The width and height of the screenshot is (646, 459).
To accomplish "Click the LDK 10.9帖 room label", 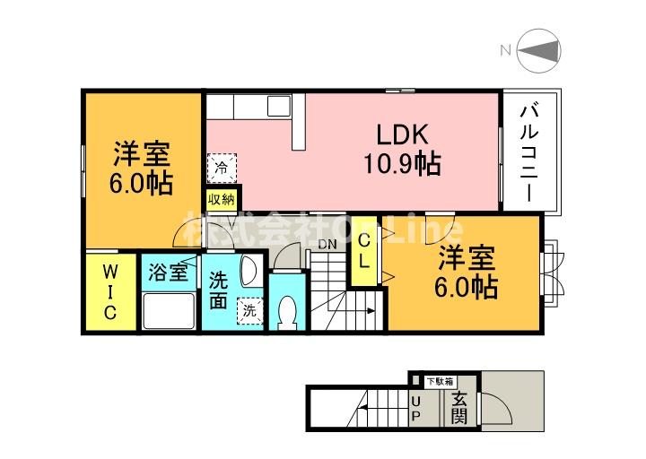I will coord(401,150).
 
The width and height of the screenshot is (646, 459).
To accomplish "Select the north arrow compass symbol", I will coord(537,50).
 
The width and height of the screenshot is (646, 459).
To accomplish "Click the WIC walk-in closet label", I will coord(108,291).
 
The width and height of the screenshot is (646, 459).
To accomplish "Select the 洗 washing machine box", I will coord(248,310).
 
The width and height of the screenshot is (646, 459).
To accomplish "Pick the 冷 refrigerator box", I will coord(221,166).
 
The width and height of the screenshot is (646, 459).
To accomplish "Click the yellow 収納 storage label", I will coord(222,199).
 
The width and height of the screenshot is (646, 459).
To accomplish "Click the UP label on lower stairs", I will coord(417,409).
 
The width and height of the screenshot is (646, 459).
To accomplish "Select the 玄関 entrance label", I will coord(458,409).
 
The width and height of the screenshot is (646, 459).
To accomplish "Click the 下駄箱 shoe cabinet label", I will coord(440,380).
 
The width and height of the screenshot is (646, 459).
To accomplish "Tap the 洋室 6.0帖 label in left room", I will coord(142,169).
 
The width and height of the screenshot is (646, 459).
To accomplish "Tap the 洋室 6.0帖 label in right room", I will coord(467,273).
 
